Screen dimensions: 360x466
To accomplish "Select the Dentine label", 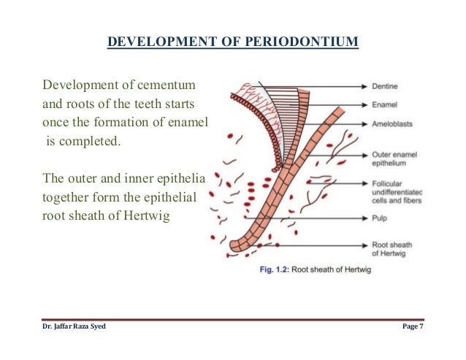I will coord(386,86).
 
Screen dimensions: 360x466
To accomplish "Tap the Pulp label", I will coord(381,217).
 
